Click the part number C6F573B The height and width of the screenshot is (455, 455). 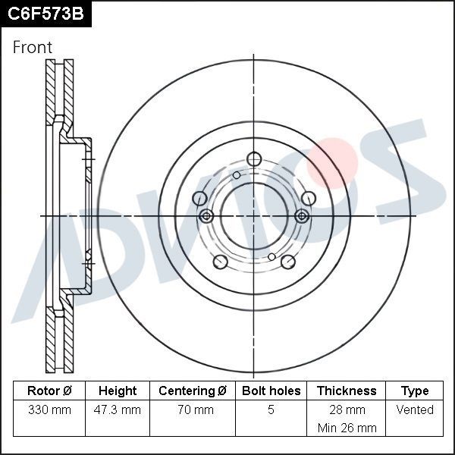point(45,13)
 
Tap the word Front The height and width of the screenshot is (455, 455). point(33,47)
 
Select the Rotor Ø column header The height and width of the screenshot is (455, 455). point(49,391)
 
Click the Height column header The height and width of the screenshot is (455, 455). point(118,391)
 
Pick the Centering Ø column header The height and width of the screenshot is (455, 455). point(193,391)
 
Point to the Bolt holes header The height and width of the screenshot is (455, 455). point(271,391)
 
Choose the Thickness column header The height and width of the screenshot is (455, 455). point(347,391)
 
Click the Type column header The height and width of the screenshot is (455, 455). point(415,391)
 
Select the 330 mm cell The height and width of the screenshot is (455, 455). point(49,410)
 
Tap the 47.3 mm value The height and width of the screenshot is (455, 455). point(118,410)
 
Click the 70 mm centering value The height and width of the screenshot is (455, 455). point(193,410)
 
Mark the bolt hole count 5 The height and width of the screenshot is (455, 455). point(271,410)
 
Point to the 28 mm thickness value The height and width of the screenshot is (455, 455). point(347,410)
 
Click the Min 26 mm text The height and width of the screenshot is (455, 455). point(347,428)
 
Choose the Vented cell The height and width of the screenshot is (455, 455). point(415,410)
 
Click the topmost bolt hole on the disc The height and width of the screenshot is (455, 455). point(254,158)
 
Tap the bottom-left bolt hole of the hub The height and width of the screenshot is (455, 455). point(220,262)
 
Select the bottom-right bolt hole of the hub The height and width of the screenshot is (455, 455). point(287,262)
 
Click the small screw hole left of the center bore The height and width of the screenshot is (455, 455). point(206,216)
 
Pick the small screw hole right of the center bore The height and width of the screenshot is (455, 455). point(302,216)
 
